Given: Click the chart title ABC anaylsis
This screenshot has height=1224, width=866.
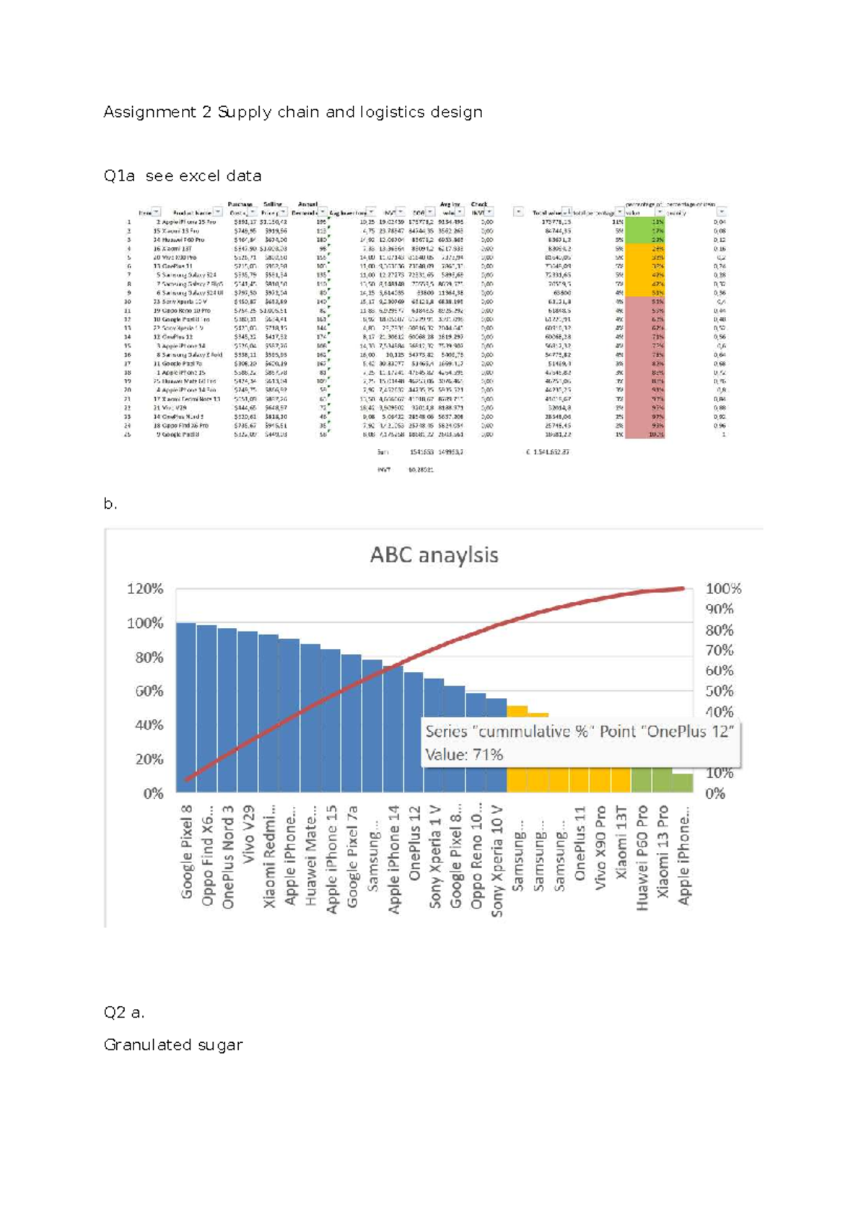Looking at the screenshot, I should [x=434, y=555].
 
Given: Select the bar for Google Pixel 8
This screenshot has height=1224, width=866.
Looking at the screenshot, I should [x=186, y=707].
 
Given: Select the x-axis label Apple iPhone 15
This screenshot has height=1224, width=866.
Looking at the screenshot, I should [x=331, y=859].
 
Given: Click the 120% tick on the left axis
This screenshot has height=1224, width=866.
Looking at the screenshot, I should [x=145, y=589].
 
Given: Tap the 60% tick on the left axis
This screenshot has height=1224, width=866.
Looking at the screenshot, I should [x=149, y=691].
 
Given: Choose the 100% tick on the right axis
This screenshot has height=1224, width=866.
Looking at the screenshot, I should [x=723, y=589].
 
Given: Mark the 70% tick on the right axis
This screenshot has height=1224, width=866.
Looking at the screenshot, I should [x=719, y=650].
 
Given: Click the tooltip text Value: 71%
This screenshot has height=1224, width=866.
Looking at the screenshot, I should [x=464, y=755].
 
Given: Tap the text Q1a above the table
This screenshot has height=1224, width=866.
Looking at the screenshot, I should [x=119, y=176].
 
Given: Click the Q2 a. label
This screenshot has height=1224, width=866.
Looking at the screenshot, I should [x=123, y=1013].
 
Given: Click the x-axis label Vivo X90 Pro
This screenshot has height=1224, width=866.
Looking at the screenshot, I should [x=600, y=847].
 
